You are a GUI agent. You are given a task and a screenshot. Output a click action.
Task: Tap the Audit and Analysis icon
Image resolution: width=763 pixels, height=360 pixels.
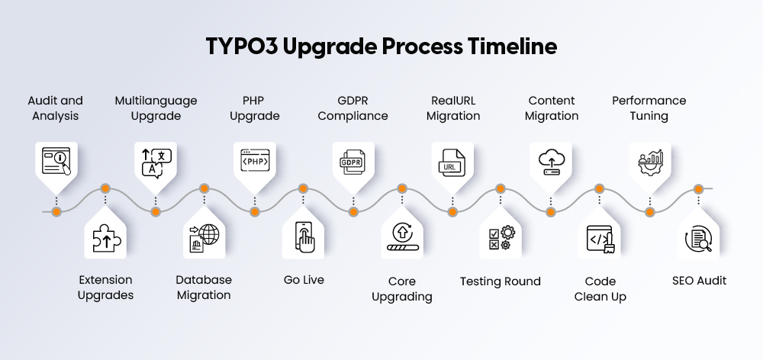(56, 161)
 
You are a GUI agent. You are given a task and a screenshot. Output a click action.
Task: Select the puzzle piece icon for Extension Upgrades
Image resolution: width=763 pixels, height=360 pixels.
(106, 239)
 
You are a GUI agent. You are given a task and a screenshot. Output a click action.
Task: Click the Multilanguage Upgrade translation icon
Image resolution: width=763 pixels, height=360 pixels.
(155, 161)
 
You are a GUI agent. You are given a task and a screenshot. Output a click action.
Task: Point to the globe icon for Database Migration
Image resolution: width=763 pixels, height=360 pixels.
(204, 239)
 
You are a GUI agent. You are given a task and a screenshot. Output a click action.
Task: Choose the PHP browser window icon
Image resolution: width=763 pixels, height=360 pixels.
(254, 161)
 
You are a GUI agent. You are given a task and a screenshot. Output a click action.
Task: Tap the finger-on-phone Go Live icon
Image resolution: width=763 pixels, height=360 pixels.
(304, 239)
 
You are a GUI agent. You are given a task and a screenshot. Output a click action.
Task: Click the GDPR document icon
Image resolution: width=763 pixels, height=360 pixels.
(353, 161)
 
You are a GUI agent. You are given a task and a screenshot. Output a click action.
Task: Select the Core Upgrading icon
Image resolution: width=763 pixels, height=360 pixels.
(402, 239)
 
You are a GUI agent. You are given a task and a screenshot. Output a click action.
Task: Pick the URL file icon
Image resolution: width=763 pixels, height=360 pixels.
(452, 161)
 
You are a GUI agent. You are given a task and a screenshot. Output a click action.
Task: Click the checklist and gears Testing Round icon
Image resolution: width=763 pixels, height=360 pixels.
(501, 239)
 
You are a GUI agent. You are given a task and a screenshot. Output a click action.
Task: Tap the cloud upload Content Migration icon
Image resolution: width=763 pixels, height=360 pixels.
(551, 161)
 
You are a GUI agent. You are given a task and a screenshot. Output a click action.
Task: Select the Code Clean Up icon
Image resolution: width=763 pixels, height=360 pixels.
(600, 239)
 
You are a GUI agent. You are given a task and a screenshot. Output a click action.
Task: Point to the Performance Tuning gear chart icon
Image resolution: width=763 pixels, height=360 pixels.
(649, 161)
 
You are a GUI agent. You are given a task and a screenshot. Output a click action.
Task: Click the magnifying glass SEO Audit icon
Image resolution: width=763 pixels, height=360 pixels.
(699, 239)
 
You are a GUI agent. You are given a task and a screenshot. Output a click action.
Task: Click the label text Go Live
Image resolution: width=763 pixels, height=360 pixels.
(304, 280)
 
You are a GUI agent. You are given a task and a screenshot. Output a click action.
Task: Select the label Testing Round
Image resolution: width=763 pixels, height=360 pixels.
(501, 281)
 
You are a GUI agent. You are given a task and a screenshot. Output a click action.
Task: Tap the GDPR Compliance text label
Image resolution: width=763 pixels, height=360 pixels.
(353, 108)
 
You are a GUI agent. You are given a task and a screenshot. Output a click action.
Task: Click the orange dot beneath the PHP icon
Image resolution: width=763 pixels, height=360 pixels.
(254, 211)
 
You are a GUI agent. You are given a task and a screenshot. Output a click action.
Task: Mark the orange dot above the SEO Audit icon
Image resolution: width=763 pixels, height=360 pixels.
(699, 188)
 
